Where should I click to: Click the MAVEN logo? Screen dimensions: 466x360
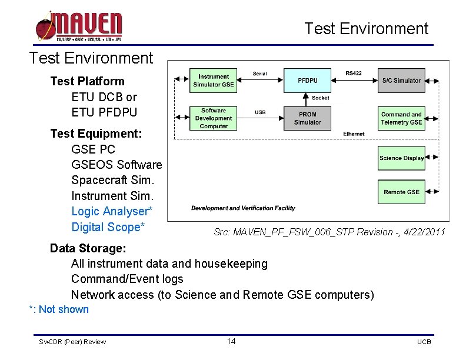point(79,26)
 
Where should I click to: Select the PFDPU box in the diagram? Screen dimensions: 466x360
point(307,80)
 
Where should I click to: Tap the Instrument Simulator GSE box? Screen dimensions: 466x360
point(213,81)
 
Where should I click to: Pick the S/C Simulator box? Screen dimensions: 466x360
point(401,81)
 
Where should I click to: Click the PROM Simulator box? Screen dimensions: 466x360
point(307,118)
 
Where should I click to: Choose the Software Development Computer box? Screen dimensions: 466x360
point(213,118)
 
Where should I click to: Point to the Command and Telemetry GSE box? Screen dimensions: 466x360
point(401,118)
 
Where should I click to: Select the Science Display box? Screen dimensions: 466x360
point(401,158)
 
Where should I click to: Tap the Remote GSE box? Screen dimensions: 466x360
point(401,192)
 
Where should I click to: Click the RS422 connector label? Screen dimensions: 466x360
point(354,74)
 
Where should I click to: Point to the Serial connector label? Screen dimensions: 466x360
point(259,74)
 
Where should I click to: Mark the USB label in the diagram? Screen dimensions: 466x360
point(259,112)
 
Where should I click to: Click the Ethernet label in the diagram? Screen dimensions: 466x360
point(354,134)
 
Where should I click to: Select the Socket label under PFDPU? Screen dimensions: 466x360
point(321,98)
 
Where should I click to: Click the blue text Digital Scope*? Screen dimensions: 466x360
point(108,227)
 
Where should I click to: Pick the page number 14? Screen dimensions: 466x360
point(231,342)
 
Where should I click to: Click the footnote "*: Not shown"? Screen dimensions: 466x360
point(59,309)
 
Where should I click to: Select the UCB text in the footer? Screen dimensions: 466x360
point(424,342)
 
